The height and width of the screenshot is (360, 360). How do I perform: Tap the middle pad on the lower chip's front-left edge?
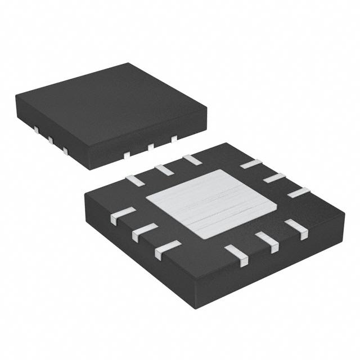point(145,231)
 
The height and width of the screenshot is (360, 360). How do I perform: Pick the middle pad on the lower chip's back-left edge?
point(164,169)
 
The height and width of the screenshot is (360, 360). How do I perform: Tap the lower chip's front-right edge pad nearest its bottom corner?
point(236,254)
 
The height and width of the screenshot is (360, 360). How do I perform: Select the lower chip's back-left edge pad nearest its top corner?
point(192,159)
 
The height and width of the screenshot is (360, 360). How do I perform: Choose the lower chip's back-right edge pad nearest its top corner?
point(250,164)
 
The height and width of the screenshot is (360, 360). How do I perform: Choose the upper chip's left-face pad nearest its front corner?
point(65,150)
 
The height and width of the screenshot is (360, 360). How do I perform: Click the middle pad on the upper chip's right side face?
point(151,146)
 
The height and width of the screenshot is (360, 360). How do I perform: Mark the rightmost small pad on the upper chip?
point(174,138)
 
